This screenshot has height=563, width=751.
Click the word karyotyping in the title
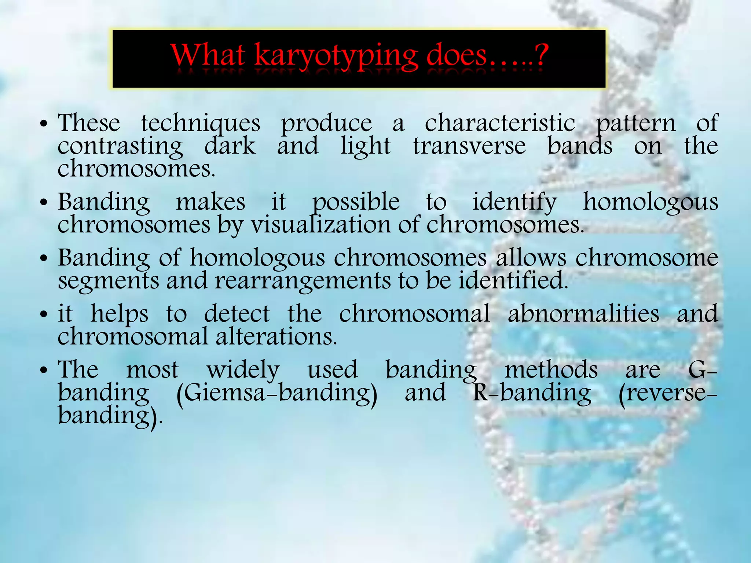(x=336, y=56)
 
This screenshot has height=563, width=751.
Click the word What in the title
(x=208, y=55)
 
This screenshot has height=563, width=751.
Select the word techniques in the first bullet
(x=201, y=123)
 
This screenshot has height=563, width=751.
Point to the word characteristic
(x=500, y=123)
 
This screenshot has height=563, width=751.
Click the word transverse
(x=469, y=146)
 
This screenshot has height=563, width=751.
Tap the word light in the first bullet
(x=365, y=146)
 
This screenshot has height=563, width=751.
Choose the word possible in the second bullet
(x=356, y=202)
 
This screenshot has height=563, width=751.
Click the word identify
(x=514, y=202)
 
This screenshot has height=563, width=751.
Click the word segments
(x=108, y=281)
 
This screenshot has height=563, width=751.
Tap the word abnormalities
(x=583, y=314)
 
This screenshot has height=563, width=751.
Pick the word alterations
(x=276, y=337)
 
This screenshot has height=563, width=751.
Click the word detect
(x=237, y=314)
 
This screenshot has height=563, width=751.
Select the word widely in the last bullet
(x=243, y=370)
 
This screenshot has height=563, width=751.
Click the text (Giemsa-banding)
(x=277, y=393)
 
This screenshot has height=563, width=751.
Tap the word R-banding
(x=532, y=393)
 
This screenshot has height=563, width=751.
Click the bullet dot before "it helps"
(x=44, y=315)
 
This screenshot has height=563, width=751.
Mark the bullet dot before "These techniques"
(x=44, y=124)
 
